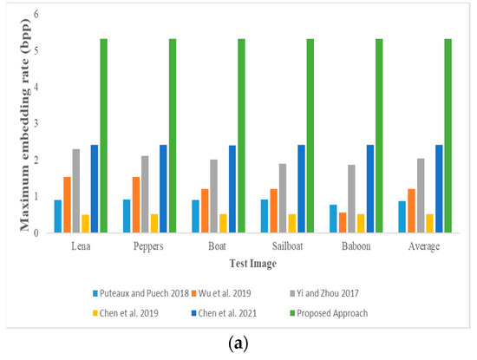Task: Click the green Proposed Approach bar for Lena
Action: (104, 135)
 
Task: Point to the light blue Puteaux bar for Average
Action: (402, 217)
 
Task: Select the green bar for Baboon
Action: (379, 135)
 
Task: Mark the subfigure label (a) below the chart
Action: (238, 344)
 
